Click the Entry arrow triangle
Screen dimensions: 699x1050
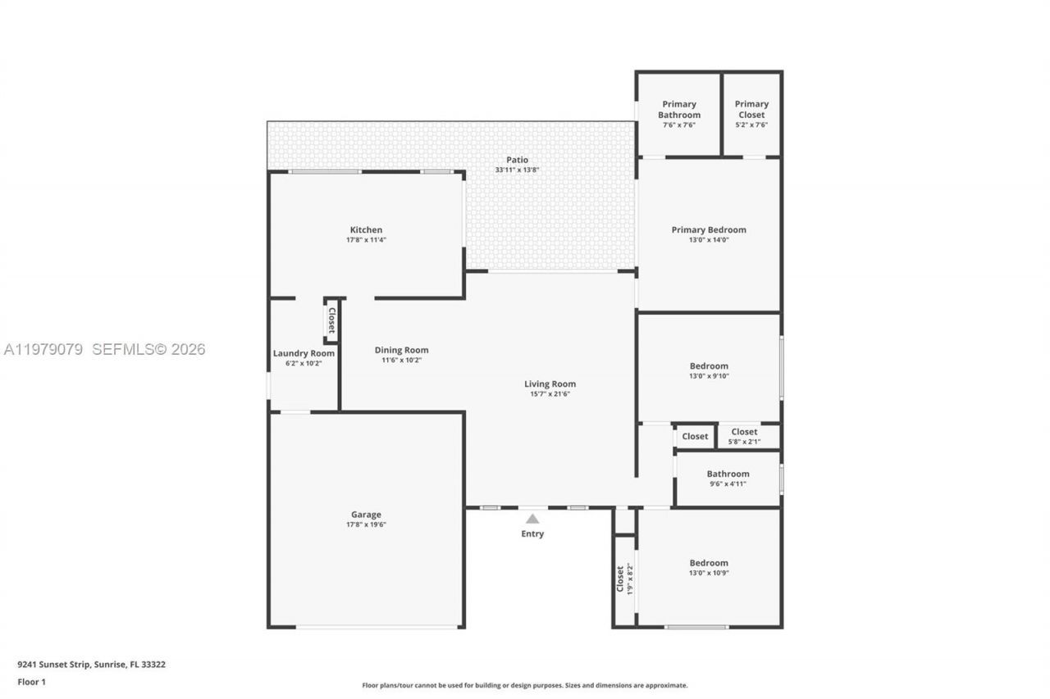click(x=532, y=519)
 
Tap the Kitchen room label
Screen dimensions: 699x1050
click(x=366, y=230)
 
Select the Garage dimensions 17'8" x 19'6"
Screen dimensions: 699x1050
click(x=366, y=524)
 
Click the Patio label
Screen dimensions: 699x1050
click(x=517, y=160)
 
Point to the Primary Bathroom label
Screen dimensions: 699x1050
click(x=678, y=109)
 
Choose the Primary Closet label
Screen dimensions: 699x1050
click(x=751, y=109)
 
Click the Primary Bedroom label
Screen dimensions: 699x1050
click(x=709, y=230)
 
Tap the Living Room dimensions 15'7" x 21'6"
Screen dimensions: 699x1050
click(x=550, y=394)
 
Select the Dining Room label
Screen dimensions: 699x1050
click(x=401, y=350)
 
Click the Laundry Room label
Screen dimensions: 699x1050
click(x=304, y=353)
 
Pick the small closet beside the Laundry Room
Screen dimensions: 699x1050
click(x=331, y=320)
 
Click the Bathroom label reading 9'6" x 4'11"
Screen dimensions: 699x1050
click(x=728, y=474)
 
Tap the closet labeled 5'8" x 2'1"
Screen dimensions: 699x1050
click(x=744, y=437)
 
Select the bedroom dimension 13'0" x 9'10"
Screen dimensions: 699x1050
click(x=709, y=376)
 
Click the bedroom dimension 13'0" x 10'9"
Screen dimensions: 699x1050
click(x=709, y=573)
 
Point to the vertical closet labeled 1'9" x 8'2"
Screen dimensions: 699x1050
click(x=624, y=579)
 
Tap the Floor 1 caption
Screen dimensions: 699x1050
click(x=32, y=682)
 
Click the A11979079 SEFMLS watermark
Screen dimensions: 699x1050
click(x=104, y=349)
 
